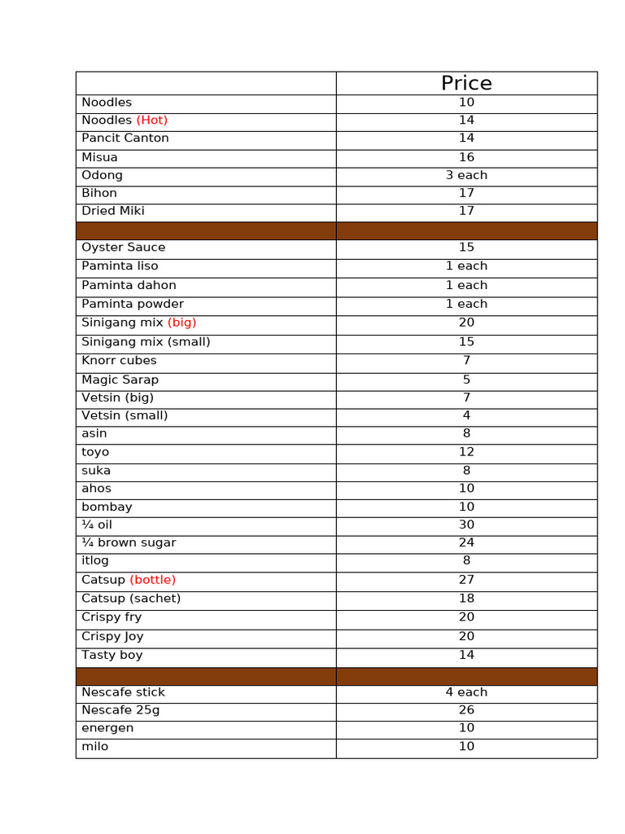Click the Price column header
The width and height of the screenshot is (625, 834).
(466, 83)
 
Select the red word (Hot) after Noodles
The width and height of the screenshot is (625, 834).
(152, 121)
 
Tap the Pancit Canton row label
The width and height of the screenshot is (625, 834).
(125, 138)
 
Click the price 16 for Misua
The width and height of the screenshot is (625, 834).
(466, 157)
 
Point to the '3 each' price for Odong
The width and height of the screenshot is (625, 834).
(466, 175)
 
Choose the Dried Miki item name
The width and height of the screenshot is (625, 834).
(113, 211)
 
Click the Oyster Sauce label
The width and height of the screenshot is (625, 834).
(124, 248)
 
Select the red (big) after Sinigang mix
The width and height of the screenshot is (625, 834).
(181, 323)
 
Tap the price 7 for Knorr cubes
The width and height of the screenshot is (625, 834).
(466, 361)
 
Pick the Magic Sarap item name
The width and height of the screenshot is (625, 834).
(120, 380)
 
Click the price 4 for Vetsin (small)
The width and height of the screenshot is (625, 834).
(466, 415)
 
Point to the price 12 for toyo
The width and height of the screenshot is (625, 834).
(466, 452)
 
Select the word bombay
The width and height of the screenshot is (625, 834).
(107, 507)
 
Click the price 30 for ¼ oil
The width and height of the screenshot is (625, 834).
(466, 525)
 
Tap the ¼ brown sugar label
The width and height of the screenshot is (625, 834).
(129, 542)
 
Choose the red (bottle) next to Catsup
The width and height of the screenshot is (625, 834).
(153, 580)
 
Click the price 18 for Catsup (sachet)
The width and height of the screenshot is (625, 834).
(466, 599)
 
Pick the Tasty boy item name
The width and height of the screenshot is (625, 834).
(112, 655)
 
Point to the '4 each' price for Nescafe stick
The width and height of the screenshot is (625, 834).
(466, 692)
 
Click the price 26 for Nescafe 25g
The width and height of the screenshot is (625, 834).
(466, 710)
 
